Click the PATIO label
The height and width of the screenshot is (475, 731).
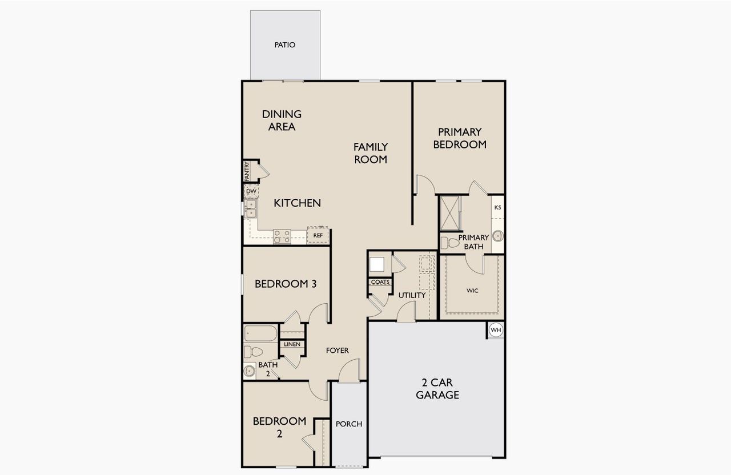coord(284,45)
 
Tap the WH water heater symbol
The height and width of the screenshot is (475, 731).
coord(496,330)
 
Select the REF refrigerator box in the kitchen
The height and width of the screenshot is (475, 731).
coord(318,235)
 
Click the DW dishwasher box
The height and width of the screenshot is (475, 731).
coord(251,191)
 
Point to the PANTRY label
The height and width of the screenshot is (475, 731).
coord(247,171)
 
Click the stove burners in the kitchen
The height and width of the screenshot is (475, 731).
coord(282,236)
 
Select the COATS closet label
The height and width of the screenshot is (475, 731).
coord(380,282)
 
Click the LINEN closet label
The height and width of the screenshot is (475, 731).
coord(292,344)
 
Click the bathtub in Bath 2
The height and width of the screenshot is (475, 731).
coord(260,334)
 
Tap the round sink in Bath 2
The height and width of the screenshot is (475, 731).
coord(249,371)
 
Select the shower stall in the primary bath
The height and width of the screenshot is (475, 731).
coord(450,212)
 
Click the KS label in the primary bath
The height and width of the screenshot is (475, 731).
coord(497,207)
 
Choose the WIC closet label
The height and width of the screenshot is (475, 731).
coord(472,291)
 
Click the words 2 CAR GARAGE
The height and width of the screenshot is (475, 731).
coord(437,388)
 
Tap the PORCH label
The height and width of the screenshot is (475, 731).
coord(349,424)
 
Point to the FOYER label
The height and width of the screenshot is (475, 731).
coord(337,351)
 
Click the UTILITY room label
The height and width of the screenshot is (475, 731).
coord(412,295)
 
